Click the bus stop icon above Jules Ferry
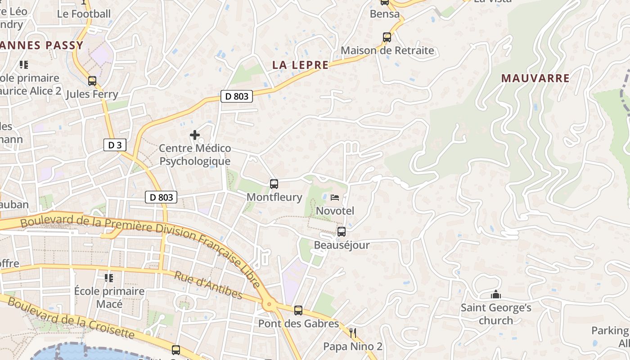pyautogui.click(x=92, y=81)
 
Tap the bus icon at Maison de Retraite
pyautogui.click(x=387, y=37)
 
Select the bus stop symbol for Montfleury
pyautogui.click(x=274, y=184)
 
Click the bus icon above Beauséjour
pyautogui.click(x=342, y=232)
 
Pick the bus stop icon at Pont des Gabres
pyautogui.click(x=298, y=310)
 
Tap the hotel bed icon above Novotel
pyautogui.click(x=335, y=197)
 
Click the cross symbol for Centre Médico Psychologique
pyautogui.click(x=195, y=135)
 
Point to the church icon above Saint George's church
pyautogui.click(x=496, y=295)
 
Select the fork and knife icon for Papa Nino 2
pyautogui.click(x=353, y=333)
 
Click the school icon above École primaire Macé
pyautogui.click(x=109, y=278)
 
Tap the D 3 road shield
pyautogui.click(x=115, y=145)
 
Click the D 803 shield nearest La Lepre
pyautogui.click(x=237, y=96)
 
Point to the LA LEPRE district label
pyautogui.click(x=300, y=65)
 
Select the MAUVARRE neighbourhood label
pyautogui.click(x=535, y=78)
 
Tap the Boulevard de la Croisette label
pyautogui.click(x=71, y=318)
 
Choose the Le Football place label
pyautogui.click(x=84, y=14)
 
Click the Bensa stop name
pyautogui.click(x=385, y=14)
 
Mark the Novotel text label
pyautogui.click(x=335, y=211)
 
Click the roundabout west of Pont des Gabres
pyautogui.click(x=270, y=305)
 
